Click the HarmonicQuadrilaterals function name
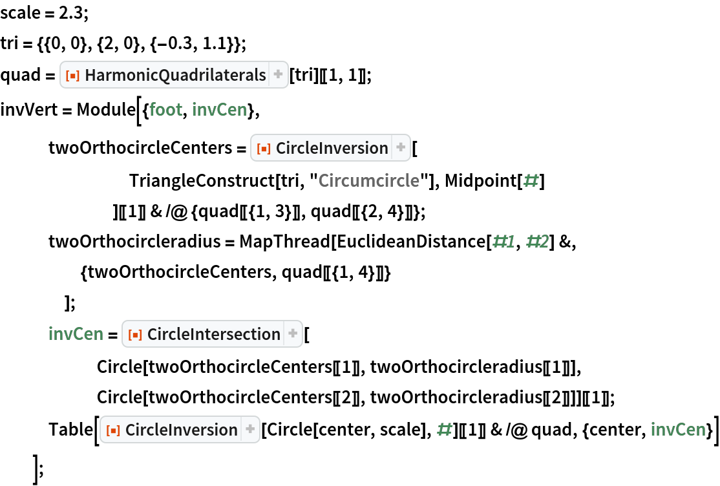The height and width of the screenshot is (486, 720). [175, 76]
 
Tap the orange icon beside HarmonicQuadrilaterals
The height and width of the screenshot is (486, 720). [74, 76]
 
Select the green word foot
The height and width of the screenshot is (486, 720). [165, 110]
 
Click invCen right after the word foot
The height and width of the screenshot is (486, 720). [219, 110]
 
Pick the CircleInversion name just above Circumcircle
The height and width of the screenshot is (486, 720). [332, 148]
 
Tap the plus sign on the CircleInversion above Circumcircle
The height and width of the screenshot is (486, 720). [401, 147]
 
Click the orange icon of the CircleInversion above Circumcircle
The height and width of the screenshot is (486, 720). [264, 148]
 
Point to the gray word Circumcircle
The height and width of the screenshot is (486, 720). [368, 180]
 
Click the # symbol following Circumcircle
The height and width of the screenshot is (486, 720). [531, 180]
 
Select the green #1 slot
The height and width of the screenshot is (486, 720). [504, 242]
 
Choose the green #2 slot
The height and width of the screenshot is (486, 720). [538, 242]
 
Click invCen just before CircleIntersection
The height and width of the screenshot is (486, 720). [76, 334]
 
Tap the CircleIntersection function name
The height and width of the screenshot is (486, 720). [213, 334]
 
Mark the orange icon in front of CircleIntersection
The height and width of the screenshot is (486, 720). [136, 334]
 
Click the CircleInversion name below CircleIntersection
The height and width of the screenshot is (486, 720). [181, 430]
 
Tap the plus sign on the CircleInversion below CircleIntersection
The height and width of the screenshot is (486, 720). [250, 429]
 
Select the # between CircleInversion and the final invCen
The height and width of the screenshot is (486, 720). [444, 429]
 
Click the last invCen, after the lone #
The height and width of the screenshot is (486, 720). [678, 430]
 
